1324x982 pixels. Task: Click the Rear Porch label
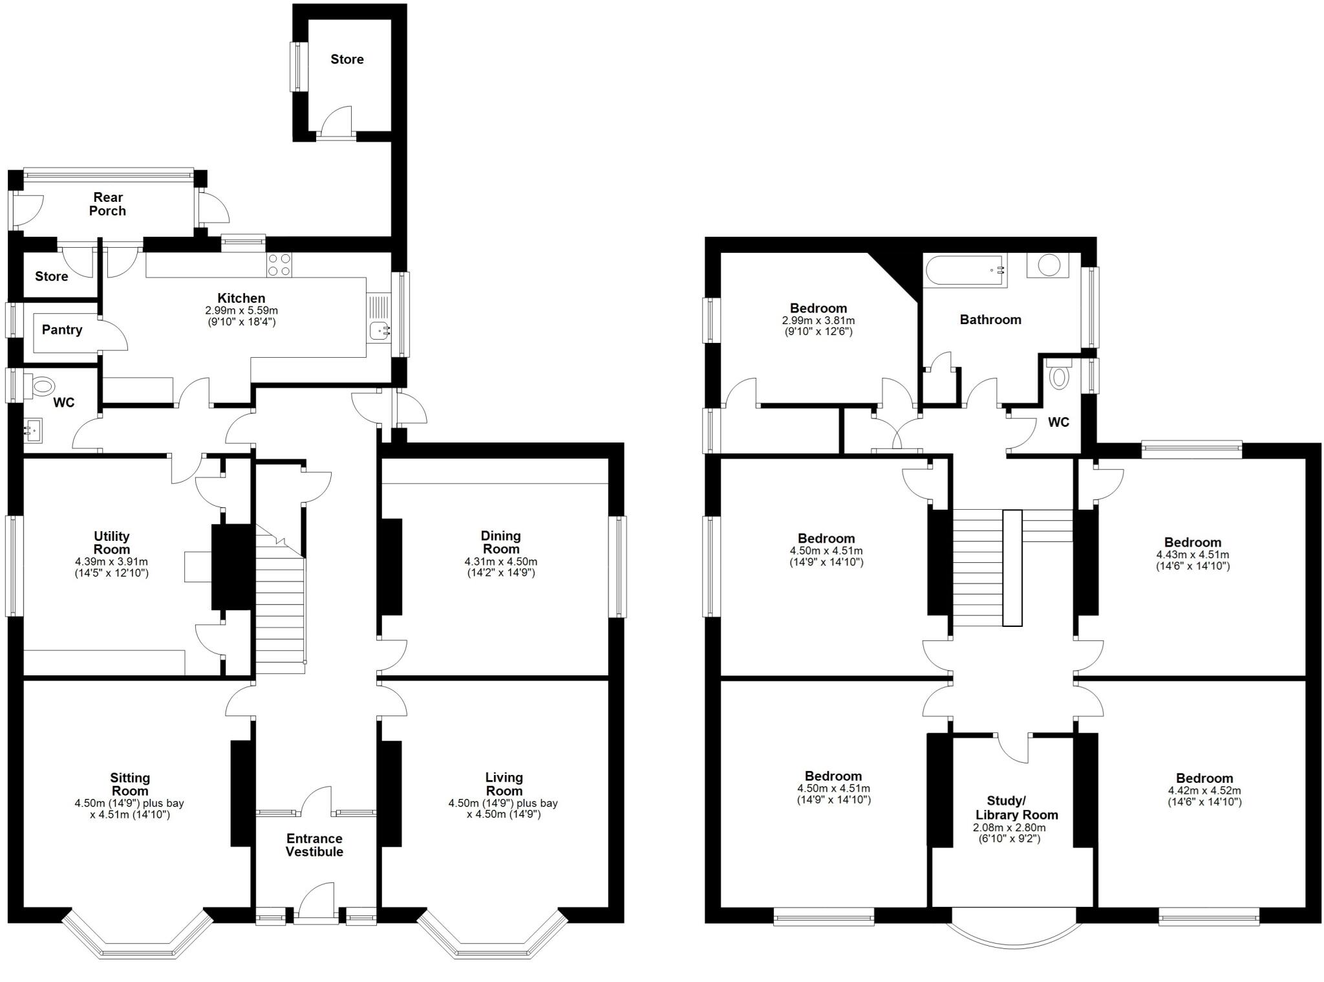click(108, 204)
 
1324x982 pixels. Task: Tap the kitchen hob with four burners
click(279, 265)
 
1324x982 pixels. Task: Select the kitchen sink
click(379, 331)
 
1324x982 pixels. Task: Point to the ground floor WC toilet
click(40, 387)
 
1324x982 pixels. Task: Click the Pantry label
click(62, 330)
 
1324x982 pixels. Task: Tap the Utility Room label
click(112, 542)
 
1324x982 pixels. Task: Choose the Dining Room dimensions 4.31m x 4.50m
click(500, 562)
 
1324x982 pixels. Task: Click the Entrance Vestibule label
click(315, 845)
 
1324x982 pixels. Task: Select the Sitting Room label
click(130, 784)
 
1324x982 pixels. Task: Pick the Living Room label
click(504, 783)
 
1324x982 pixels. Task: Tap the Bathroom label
click(990, 320)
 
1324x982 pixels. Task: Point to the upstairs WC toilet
click(1059, 376)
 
